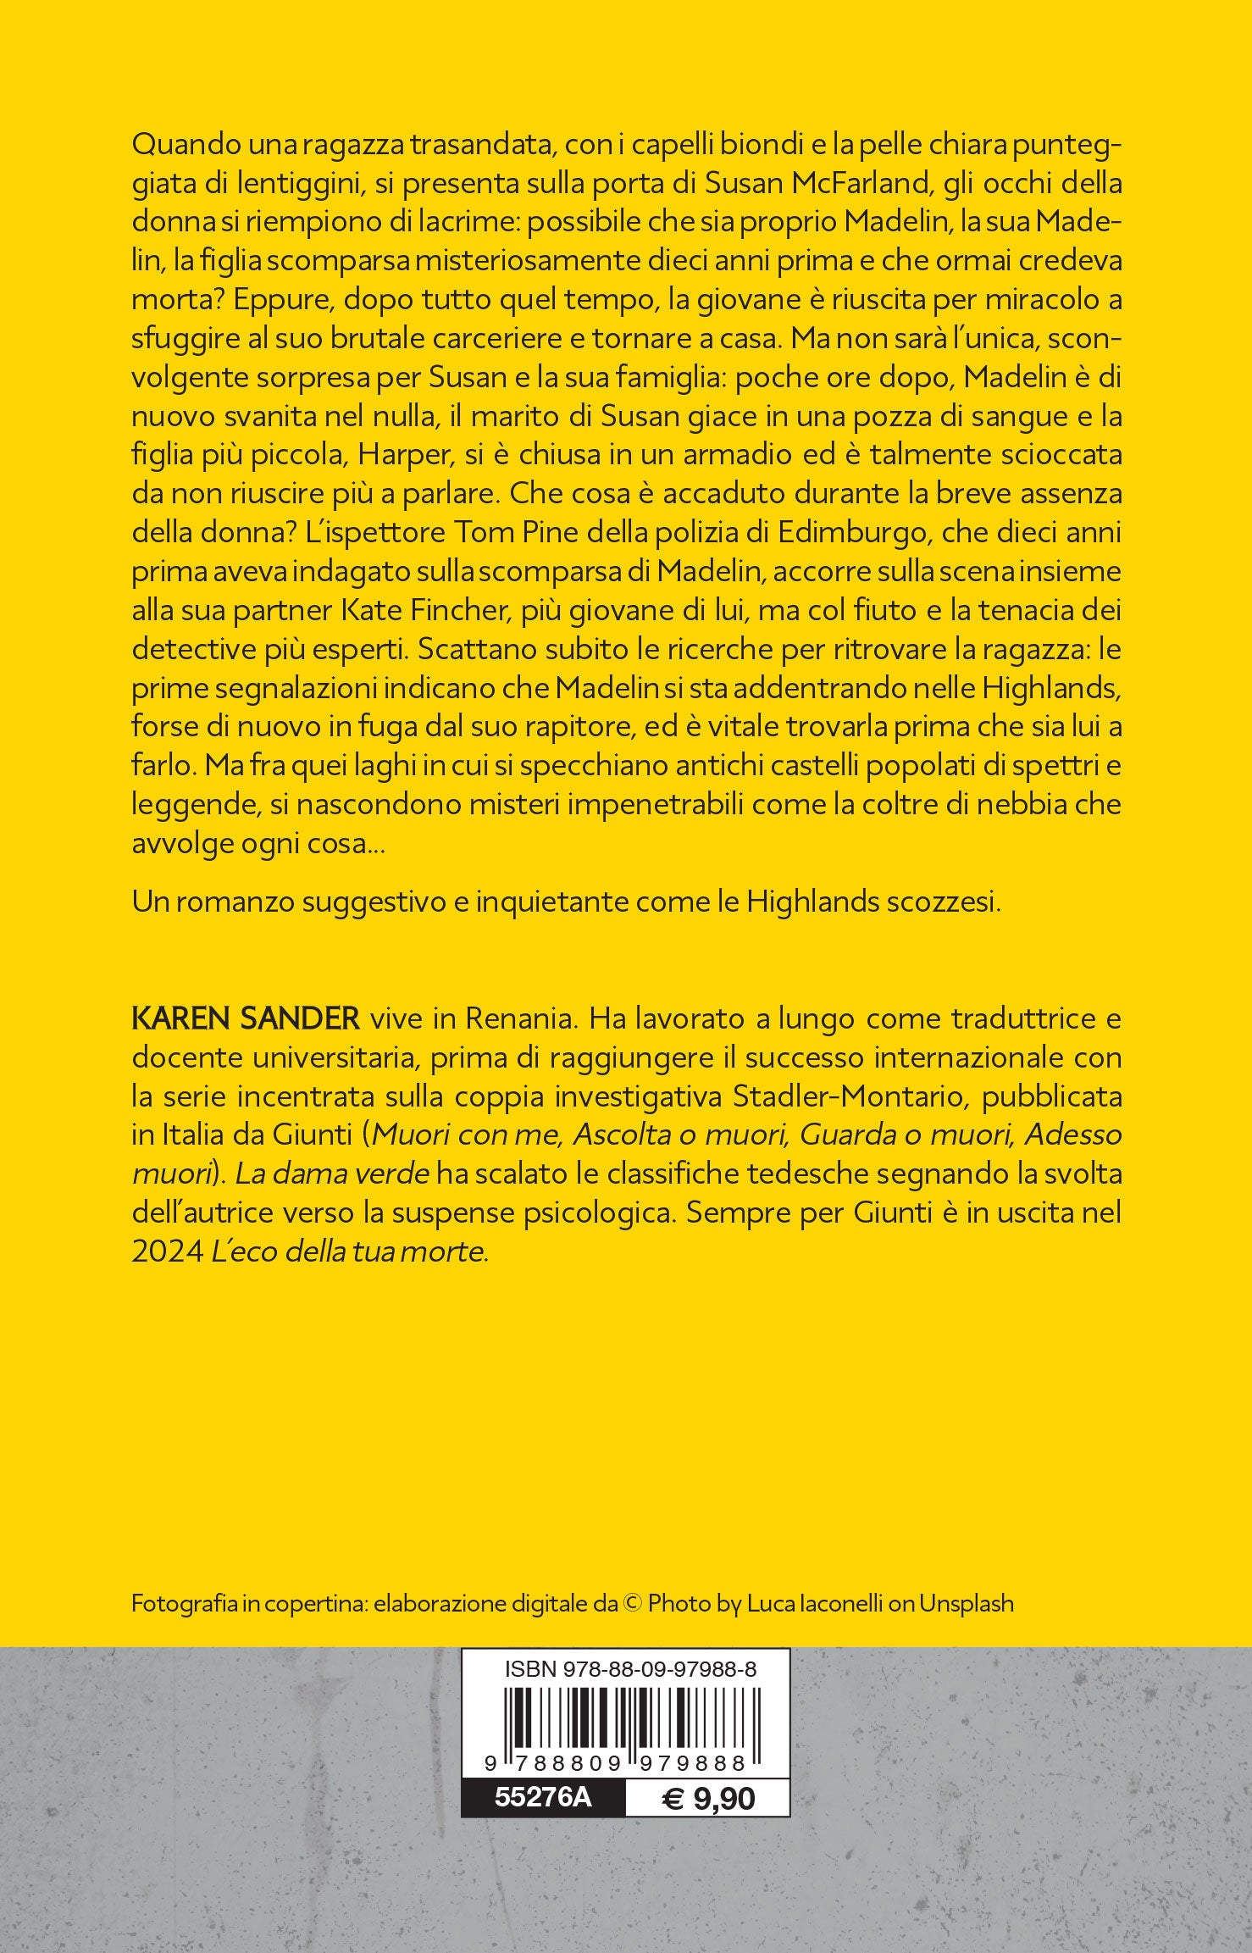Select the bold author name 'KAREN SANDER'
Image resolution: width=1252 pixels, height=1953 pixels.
point(246,1018)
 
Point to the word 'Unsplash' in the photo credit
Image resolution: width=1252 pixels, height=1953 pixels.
point(967,1604)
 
